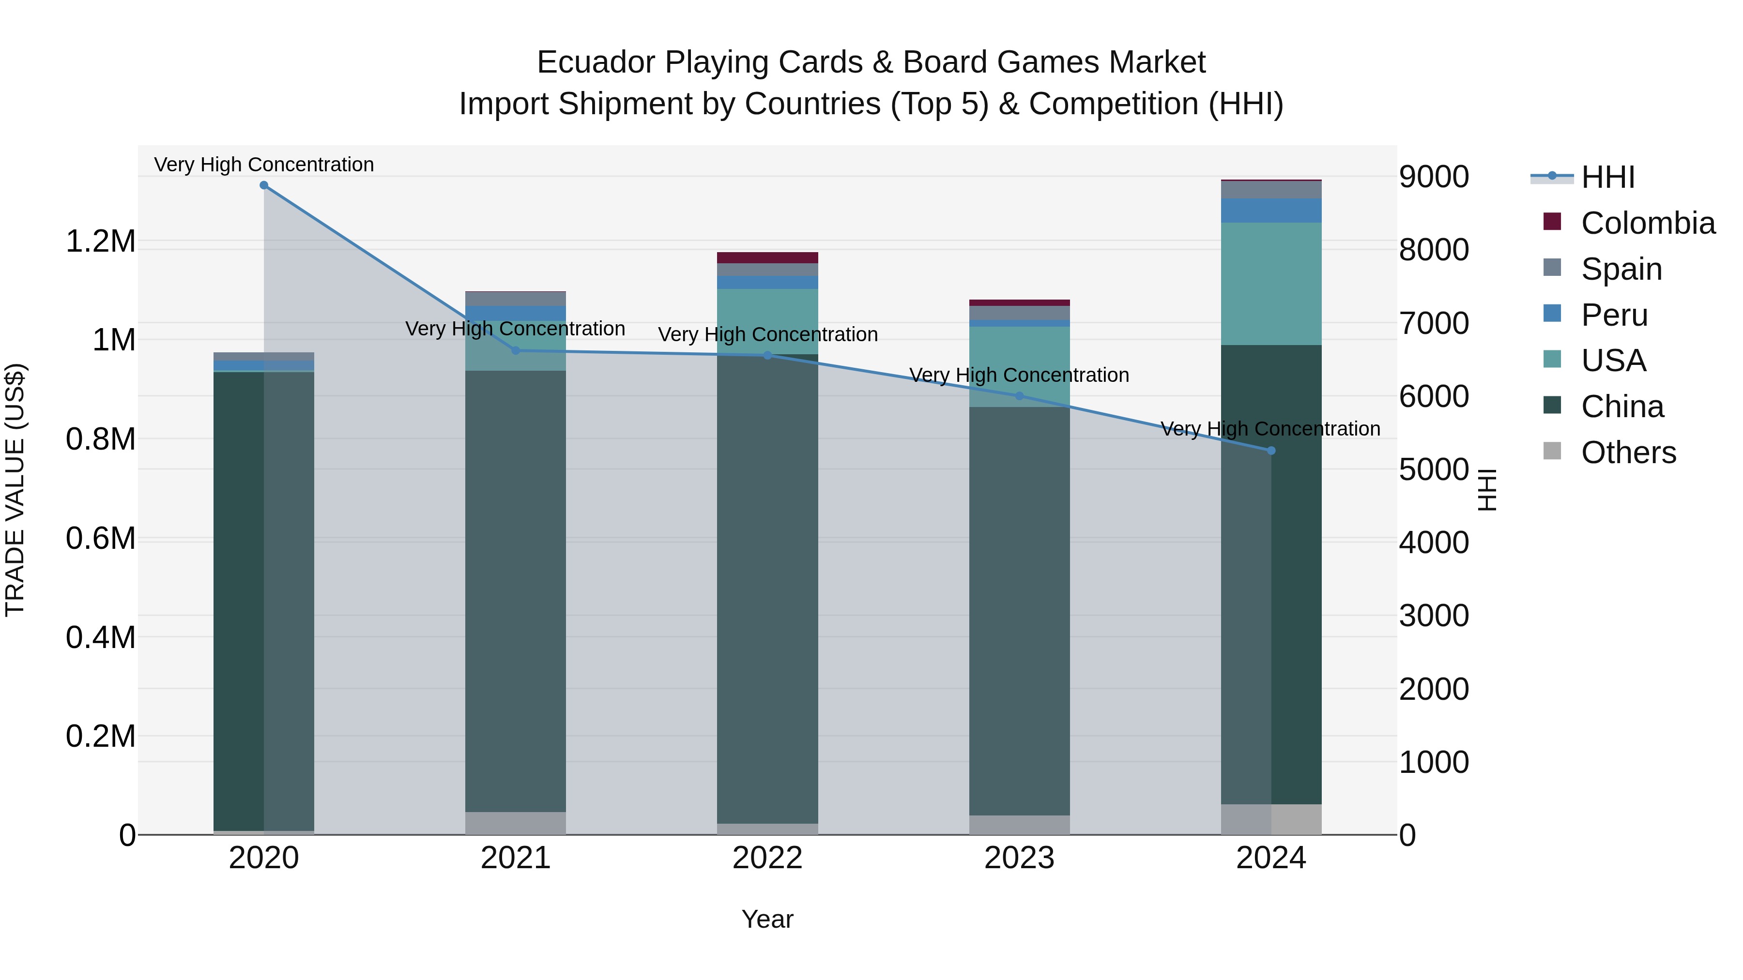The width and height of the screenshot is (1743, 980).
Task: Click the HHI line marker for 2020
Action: click(264, 185)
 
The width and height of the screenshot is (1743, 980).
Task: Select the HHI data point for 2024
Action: click(1271, 451)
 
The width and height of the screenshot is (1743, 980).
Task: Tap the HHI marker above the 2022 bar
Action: click(767, 355)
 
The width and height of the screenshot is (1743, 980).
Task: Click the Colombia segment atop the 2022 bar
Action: click(767, 257)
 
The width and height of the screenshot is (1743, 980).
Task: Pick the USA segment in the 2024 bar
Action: click(1271, 284)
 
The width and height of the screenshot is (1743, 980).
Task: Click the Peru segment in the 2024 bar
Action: click(1271, 211)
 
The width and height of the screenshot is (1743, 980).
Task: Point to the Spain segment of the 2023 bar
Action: click(1019, 313)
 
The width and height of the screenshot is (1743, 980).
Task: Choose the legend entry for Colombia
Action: click(1648, 223)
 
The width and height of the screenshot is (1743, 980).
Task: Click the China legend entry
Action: click(1622, 407)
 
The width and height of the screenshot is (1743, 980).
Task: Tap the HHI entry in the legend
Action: click(1607, 177)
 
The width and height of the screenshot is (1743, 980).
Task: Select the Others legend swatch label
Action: click(1628, 452)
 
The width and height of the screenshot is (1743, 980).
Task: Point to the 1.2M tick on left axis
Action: click(101, 241)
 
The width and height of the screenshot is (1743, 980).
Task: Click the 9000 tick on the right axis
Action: click(1434, 177)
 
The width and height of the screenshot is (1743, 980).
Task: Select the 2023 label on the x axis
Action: click(1019, 858)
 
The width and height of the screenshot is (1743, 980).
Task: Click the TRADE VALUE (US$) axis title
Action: click(15, 490)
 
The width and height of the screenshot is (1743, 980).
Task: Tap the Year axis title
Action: click(767, 919)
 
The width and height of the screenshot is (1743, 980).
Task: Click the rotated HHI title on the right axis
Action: click(1486, 490)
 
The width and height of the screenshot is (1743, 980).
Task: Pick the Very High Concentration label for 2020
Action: click(264, 165)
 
